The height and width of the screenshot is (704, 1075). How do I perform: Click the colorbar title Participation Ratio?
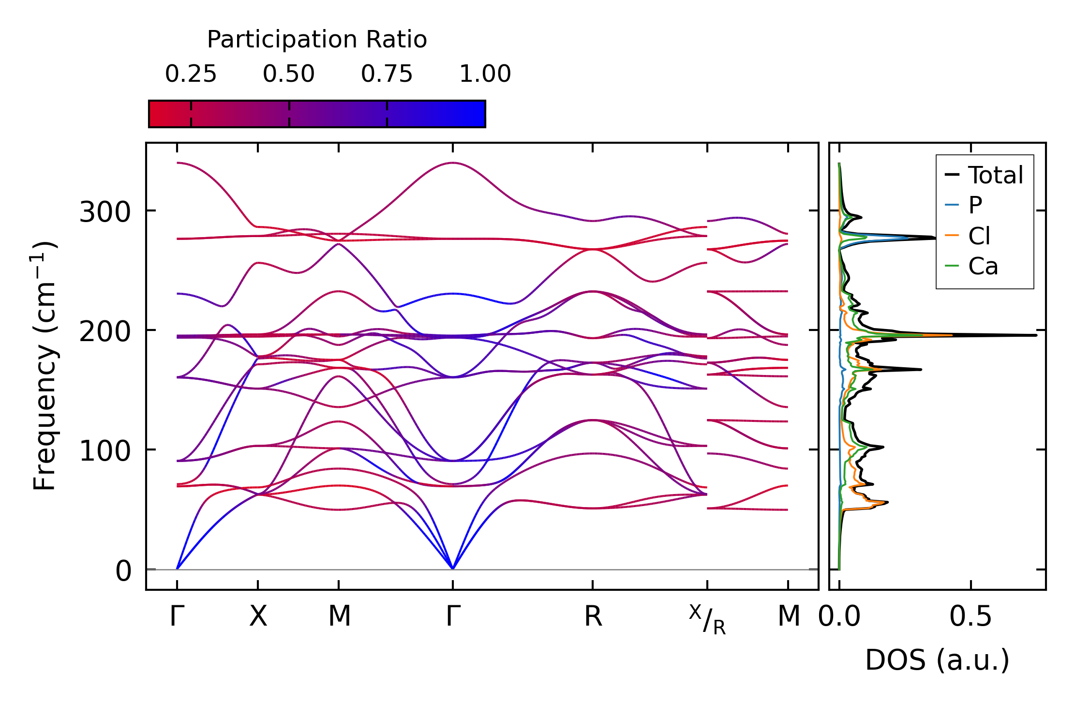[x=317, y=40]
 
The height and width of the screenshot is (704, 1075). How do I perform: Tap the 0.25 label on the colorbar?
[x=191, y=74]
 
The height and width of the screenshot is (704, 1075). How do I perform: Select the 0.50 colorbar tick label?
[x=289, y=74]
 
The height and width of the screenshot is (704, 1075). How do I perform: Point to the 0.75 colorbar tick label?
[x=387, y=74]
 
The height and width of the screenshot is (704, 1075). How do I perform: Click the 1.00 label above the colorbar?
[x=485, y=74]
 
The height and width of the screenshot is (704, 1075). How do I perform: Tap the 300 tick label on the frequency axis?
[x=105, y=212]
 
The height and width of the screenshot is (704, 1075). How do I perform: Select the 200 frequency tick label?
[x=105, y=331]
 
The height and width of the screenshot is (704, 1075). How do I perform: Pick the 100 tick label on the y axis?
[x=105, y=451]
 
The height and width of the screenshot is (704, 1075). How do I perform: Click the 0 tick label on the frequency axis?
[x=123, y=571]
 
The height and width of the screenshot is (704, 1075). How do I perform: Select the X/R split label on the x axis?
[x=707, y=619]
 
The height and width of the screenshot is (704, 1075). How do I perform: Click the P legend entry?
[x=975, y=206]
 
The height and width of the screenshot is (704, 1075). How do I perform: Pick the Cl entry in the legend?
[x=979, y=236]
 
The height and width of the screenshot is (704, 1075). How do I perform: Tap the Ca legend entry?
[x=983, y=266]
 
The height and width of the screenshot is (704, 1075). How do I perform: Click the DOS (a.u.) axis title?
[x=937, y=660]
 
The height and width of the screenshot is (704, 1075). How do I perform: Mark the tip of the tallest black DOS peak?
[x=1036, y=335]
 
